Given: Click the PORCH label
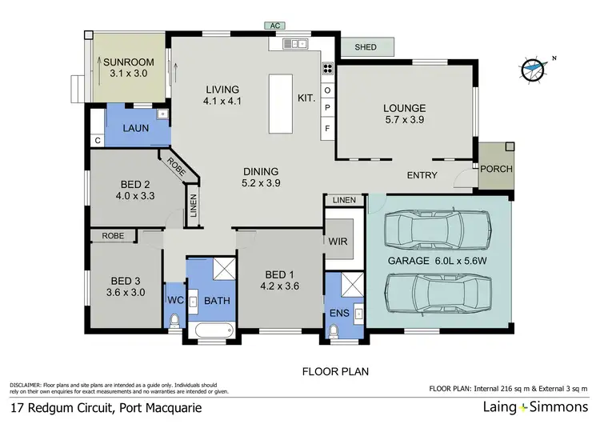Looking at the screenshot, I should pos(496,169).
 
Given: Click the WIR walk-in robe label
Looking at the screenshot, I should pos(336,241).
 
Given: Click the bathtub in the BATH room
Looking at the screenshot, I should pos(210,330).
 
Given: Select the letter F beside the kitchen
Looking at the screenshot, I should pos(326,128).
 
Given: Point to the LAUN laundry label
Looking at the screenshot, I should pos(133,128).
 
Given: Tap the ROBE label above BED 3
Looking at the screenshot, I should pos(112,235).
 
